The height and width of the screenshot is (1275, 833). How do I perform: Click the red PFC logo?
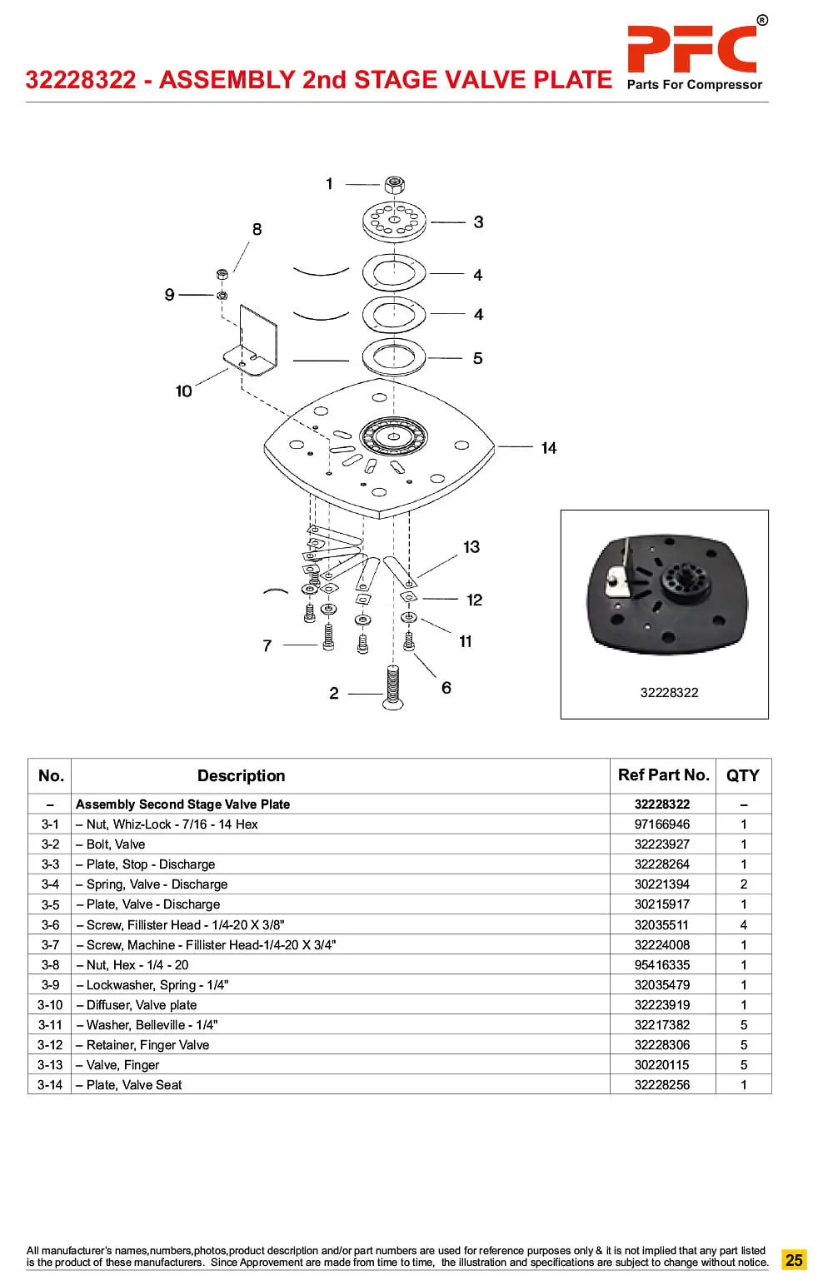(x=691, y=49)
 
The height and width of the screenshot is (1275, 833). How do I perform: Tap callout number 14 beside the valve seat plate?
(x=548, y=448)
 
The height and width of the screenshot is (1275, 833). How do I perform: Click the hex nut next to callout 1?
(x=394, y=185)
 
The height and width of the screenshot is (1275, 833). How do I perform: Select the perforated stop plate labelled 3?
(x=394, y=222)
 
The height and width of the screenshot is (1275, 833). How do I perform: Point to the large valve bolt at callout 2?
(x=393, y=688)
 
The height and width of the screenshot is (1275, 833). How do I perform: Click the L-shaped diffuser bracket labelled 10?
(x=251, y=341)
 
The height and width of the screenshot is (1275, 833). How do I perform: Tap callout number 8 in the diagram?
(x=257, y=229)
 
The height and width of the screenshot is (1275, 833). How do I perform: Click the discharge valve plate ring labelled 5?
(x=394, y=357)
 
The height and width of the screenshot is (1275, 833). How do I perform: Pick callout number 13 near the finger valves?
(x=471, y=547)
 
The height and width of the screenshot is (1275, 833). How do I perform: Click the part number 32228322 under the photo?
(x=669, y=692)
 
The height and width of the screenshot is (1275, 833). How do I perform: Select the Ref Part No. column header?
(x=663, y=774)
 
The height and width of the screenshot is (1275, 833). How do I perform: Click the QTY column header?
(x=743, y=775)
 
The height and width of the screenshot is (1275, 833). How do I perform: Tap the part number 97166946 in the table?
(x=662, y=824)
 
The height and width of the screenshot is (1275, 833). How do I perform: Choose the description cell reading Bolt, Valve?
(x=111, y=844)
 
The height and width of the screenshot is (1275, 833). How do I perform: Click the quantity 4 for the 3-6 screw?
(x=744, y=925)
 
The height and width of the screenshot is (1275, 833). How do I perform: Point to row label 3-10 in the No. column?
(x=50, y=1004)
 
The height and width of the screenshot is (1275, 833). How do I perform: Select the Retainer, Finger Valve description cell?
(x=142, y=1044)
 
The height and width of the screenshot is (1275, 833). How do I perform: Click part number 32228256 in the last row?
(x=662, y=1085)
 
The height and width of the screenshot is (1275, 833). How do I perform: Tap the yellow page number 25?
(x=794, y=1259)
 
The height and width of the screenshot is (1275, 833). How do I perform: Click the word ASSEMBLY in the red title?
(x=227, y=80)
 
